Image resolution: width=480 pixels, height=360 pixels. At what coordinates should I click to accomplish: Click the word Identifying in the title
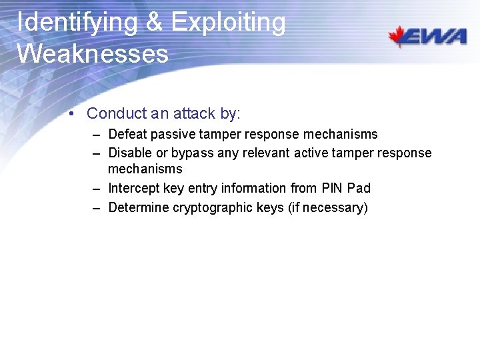76,23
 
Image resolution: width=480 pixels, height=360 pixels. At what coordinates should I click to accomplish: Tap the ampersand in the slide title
153,23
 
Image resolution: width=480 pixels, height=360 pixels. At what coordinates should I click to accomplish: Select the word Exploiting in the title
229,23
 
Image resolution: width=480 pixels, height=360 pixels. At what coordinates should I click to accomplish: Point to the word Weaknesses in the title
93,53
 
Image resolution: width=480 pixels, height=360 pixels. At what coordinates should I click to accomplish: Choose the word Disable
129,153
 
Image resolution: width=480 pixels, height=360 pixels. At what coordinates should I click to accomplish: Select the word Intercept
133,189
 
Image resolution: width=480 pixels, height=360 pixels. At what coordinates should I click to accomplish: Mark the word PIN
331,189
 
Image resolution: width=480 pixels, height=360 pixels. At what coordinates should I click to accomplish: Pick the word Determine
138,208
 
